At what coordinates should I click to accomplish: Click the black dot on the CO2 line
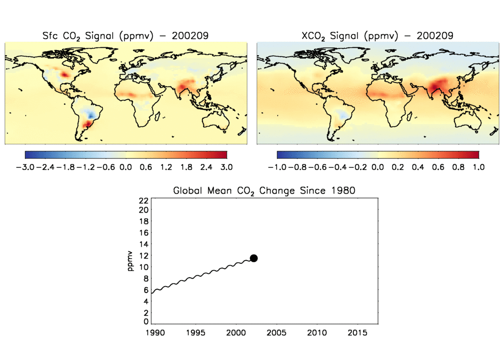(254, 258)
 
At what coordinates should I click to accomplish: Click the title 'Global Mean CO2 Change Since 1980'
(264, 191)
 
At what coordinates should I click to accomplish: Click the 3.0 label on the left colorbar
(226, 167)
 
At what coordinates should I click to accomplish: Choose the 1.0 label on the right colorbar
(478, 167)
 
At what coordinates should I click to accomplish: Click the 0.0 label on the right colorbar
(378, 167)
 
